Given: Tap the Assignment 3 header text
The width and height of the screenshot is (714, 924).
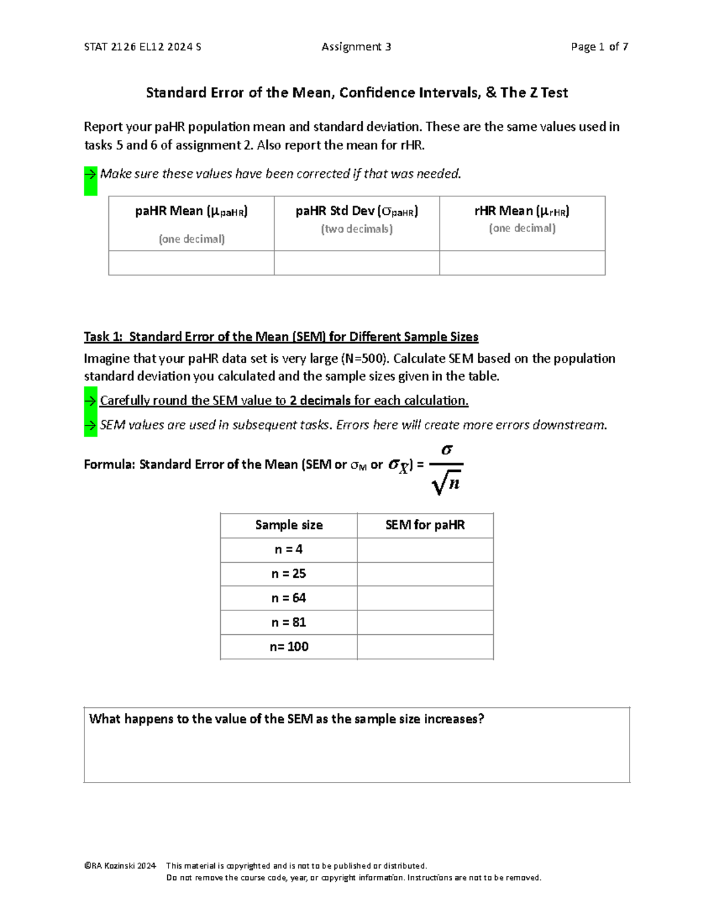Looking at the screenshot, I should pyautogui.click(x=356, y=46).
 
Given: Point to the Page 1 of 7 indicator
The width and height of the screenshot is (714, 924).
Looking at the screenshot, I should pyautogui.click(x=599, y=46).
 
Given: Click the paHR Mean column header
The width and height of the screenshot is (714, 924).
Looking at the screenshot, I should pyautogui.click(x=191, y=211).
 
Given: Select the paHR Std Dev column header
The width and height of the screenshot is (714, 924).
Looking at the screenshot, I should pyautogui.click(x=356, y=211).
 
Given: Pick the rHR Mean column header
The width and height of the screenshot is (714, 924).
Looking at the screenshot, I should pyautogui.click(x=522, y=211).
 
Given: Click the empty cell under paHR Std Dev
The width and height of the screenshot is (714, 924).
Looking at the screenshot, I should pyautogui.click(x=356, y=263).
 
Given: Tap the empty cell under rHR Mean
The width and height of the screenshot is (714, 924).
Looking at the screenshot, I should pyautogui.click(x=522, y=263).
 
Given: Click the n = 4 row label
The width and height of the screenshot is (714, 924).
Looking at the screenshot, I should pyautogui.click(x=289, y=549).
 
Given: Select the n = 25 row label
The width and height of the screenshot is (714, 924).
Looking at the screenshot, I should pyautogui.click(x=289, y=574).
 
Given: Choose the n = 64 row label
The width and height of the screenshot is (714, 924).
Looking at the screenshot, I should pyautogui.click(x=289, y=598).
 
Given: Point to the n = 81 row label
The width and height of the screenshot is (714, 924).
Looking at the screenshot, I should pyautogui.click(x=289, y=622).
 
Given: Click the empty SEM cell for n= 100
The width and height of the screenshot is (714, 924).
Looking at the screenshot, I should pyautogui.click(x=425, y=647).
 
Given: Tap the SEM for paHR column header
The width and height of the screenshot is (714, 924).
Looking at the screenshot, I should pyautogui.click(x=425, y=525).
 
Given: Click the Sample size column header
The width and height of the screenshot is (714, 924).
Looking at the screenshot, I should pyautogui.click(x=289, y=525).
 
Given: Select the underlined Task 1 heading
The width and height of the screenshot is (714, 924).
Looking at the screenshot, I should pyautogui.click(x=281, y=337).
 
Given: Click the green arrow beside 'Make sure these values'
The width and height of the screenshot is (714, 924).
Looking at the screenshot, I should pyautogui.click(x=90, y=174).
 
